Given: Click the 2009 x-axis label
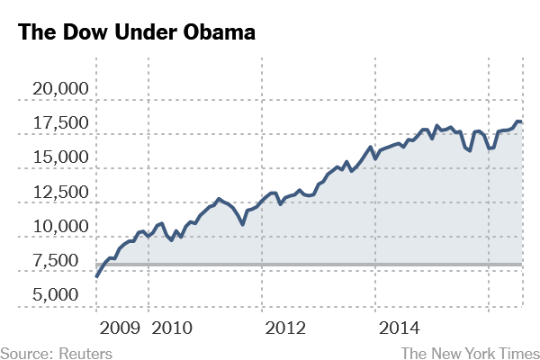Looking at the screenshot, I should [x=120, y=325].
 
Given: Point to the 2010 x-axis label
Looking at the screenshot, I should [x=174, y=325].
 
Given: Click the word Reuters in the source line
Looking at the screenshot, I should [x=85, y=353].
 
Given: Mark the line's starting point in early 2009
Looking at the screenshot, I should [x=97, y=274].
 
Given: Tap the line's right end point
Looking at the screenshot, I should [x=523, y=121].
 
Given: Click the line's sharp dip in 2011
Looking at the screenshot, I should [x=242, y=223].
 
